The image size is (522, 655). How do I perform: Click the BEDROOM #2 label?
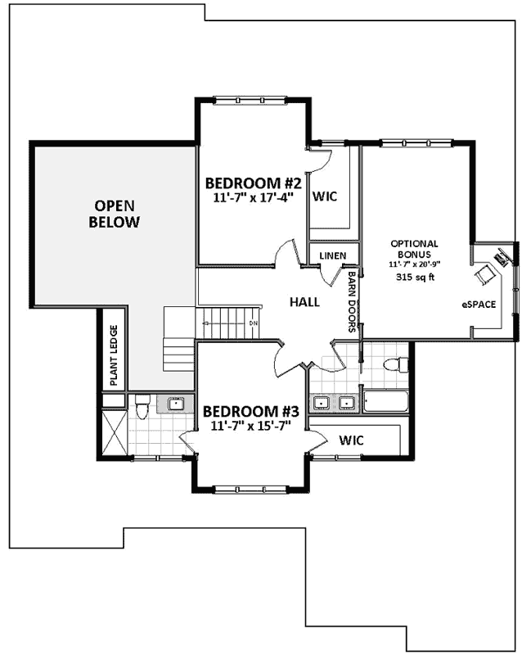tap(254, 183)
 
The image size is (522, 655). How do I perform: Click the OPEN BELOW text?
tap(114, 214)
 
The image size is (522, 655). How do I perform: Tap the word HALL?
tap(304, 302)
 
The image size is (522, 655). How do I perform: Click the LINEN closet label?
tap(333, 255)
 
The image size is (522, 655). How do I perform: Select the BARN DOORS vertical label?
tap(352, 303)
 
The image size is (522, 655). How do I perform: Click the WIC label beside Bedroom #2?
tap(325, 197)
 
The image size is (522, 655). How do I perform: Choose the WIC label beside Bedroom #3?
tap(351, 440)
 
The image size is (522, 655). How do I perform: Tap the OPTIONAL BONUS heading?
tap(413, 249)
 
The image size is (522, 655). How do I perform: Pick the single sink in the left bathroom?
tap(176, 403)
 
